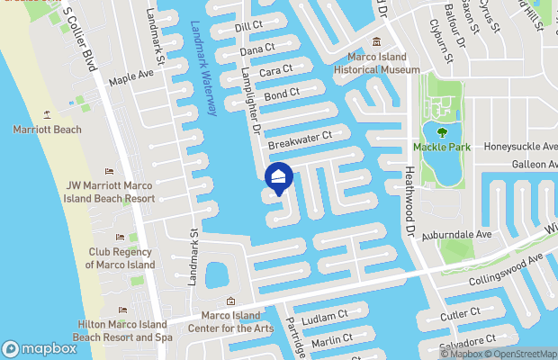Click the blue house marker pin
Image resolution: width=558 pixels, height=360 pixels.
point(279,178)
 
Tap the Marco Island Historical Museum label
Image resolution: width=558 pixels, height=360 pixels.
point(377,63)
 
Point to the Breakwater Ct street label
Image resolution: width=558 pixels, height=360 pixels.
point(300,139)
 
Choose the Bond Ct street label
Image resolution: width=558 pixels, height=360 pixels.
point(282,94)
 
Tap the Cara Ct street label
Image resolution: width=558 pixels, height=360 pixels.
point(275,69)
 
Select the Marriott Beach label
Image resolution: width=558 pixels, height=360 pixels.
point(47,130)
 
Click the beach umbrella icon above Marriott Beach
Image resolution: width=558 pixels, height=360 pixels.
point(46,114)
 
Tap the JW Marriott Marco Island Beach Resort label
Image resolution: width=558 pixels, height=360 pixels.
point(109,192)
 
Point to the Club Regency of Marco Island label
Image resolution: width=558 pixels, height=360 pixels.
point(120,258)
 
